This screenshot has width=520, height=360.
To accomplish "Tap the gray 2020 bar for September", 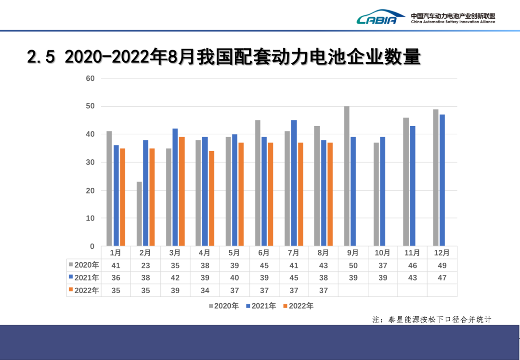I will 347,176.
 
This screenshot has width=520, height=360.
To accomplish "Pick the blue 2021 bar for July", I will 294,183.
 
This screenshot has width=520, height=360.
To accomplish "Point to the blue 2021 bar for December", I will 442,180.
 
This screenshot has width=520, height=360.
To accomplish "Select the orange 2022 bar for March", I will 182,192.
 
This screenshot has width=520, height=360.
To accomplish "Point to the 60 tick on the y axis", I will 90,78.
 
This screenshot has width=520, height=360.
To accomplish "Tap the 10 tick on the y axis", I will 90,219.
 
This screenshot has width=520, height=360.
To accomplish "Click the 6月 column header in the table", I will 263,253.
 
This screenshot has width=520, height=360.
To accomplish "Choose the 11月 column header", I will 412,253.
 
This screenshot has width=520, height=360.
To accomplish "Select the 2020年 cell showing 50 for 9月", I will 353,265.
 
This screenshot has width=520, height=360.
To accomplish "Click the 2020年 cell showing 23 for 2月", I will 145,265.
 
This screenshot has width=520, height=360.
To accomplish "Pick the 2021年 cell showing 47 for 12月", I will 442,278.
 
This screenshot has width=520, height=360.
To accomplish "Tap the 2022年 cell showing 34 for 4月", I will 204,290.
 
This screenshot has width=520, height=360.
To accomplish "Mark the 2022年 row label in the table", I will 84,290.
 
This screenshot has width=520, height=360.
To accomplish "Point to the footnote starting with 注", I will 431,319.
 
